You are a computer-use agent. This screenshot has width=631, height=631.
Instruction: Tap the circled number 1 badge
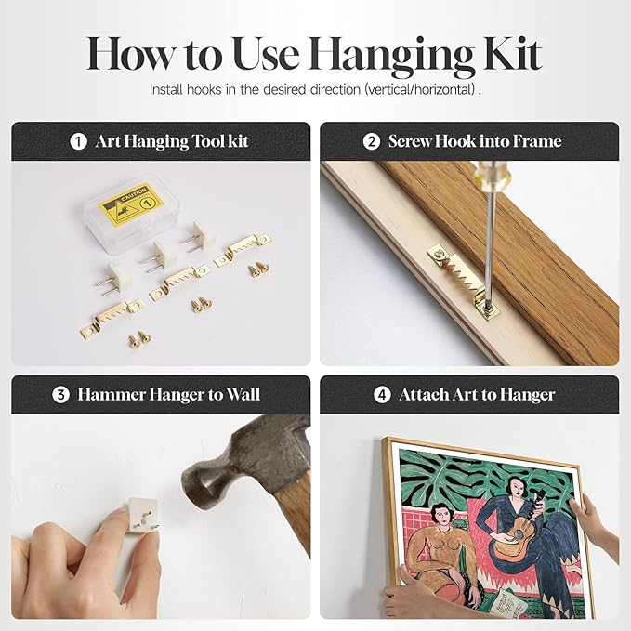(78, 141)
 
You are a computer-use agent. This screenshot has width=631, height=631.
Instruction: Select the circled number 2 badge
(371, 141)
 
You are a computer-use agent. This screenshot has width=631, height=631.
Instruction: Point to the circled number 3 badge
(60, 395)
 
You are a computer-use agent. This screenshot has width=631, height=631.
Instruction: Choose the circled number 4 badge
(382, 395)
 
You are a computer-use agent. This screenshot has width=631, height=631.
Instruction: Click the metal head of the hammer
(242, 463)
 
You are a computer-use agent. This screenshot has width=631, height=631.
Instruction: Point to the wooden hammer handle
(295, 519)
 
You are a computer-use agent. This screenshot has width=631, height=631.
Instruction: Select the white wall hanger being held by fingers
(142, 516)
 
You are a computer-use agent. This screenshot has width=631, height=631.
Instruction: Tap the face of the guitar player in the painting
(518, 488)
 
